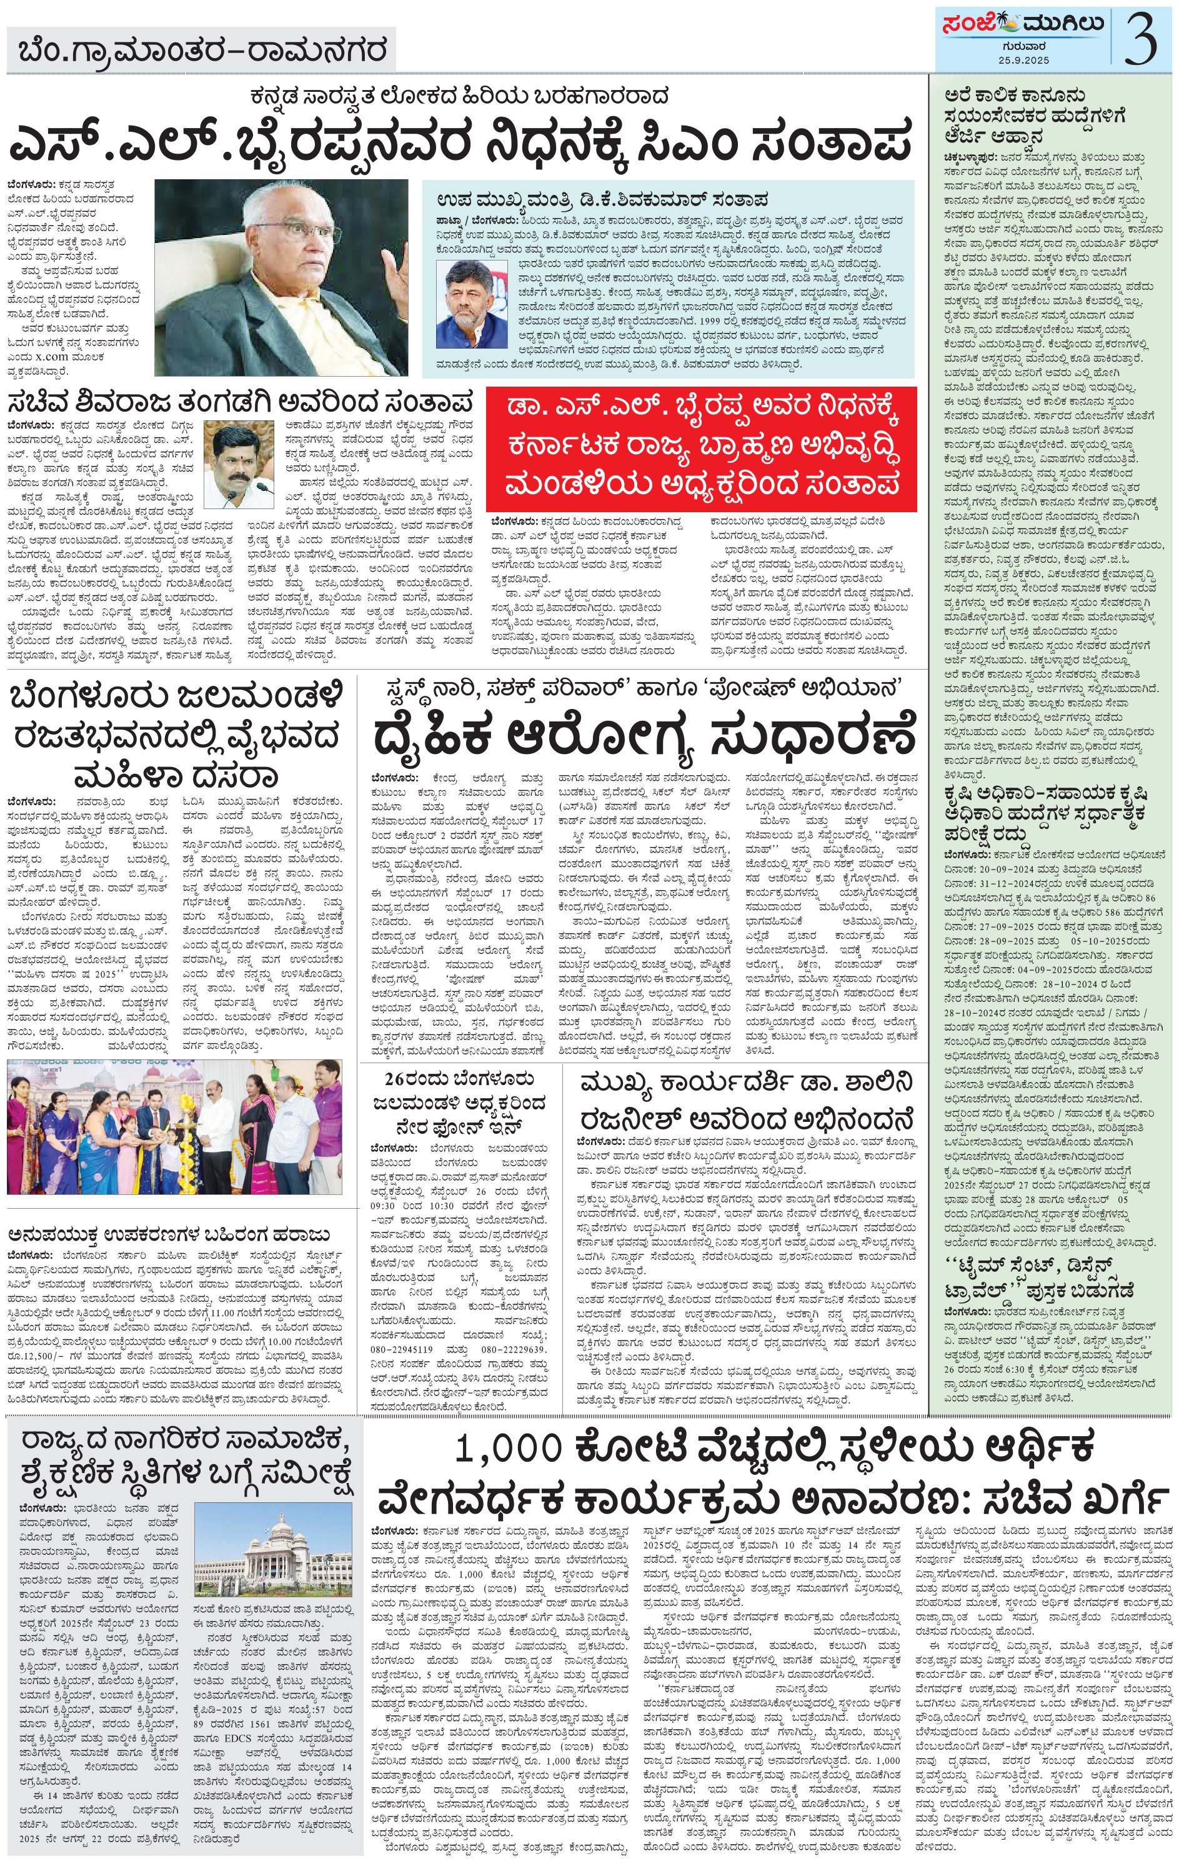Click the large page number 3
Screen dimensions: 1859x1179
1140,40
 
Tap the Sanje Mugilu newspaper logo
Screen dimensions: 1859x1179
1021,26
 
